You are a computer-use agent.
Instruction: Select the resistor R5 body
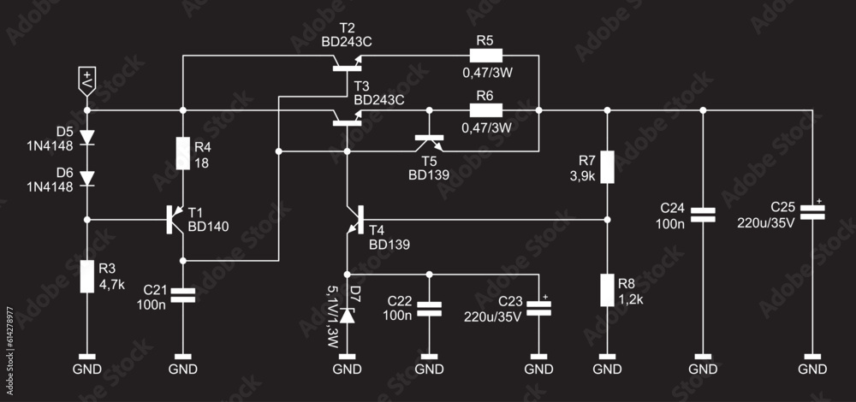485,56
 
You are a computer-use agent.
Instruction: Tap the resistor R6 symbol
485,110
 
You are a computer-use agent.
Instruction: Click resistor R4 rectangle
182,154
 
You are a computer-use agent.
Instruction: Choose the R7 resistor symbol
607,167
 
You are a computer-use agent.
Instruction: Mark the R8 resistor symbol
607,291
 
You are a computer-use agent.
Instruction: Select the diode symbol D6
86,178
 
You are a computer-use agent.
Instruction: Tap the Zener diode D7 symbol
347,315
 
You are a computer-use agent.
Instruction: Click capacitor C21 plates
182,295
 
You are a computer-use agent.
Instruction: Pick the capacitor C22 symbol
429,308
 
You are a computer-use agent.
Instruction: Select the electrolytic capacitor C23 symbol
538,308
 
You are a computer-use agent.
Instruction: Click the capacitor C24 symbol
703,215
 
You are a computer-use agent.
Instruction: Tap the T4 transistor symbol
355,220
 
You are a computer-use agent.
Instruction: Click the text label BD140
209,227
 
